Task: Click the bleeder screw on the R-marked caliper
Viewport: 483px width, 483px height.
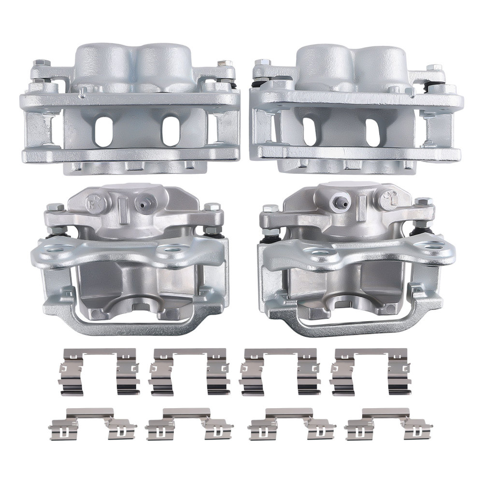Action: coord(144,203)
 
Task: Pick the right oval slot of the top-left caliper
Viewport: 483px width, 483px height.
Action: coord(170,129)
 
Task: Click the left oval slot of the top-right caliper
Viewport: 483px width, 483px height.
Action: coord(310,129)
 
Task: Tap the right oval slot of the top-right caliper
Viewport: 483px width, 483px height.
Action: coord(372,129)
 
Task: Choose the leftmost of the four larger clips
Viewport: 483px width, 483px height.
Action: coord(99,371)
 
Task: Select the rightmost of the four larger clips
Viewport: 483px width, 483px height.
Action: coord(370,371)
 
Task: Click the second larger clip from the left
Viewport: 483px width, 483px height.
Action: coord(189,371)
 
